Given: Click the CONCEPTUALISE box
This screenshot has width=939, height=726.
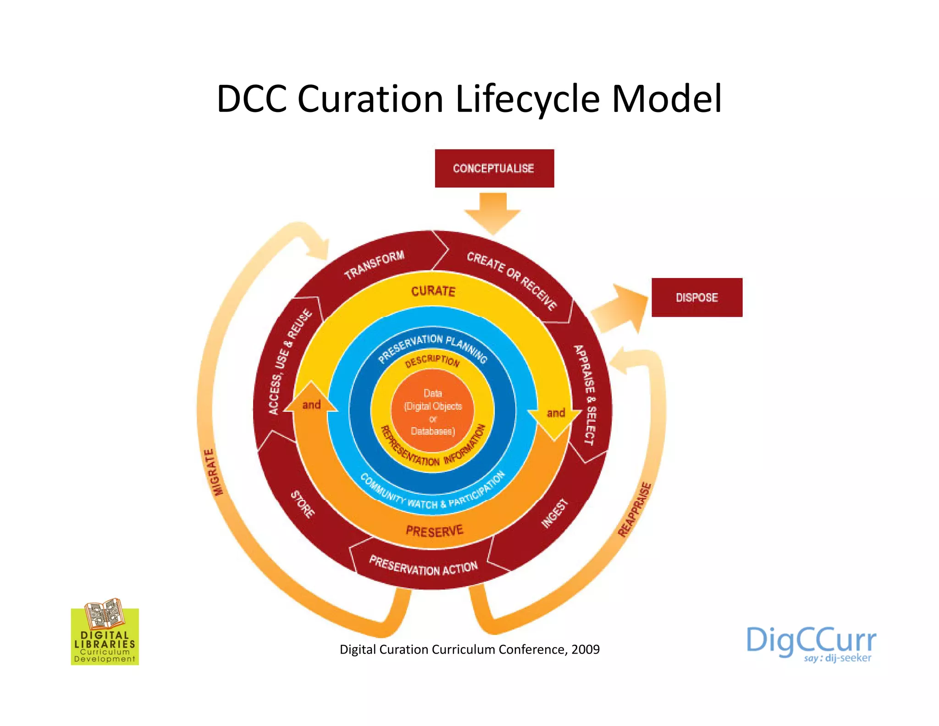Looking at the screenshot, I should coord(494,168).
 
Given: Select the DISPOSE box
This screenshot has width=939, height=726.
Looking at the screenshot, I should coord(696,297).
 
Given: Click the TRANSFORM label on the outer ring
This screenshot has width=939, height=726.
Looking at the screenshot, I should coord(374,265).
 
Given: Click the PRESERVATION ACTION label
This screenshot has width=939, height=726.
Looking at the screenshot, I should coord(423,566).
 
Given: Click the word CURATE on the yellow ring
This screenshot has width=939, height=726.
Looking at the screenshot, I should coord(433,291).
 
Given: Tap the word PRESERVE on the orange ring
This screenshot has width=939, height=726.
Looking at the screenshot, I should coord(435,531).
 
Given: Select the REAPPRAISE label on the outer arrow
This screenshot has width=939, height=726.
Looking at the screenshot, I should coord(635,509).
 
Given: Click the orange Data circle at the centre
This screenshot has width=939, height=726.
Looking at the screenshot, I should coord(433,411).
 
